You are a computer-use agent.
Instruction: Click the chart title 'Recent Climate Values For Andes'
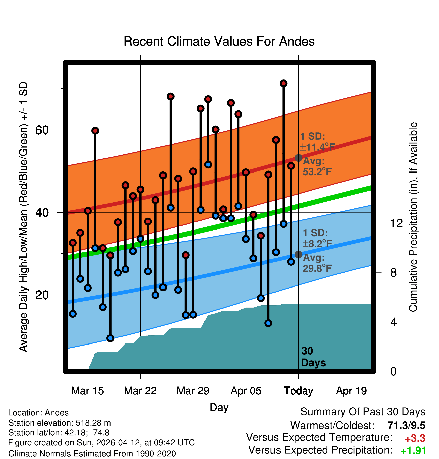pos(219,41)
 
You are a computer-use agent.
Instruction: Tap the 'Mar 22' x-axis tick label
pos(140,391)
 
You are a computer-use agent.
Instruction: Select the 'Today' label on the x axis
pos(298,391)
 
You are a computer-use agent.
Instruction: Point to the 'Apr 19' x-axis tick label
pos(351,391)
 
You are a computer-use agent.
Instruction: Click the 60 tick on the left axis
pos(42,130)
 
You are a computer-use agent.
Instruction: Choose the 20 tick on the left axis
pos(42,295)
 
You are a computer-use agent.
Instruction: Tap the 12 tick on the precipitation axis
pos(396,223)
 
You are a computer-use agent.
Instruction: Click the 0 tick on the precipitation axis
pos(394,371)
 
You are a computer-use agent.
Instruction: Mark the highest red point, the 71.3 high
pos(283,83)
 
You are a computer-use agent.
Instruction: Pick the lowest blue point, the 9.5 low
pos(110,338)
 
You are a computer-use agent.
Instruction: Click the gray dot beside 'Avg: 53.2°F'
pos(298,158)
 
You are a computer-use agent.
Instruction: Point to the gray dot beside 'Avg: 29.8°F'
pos(298,255)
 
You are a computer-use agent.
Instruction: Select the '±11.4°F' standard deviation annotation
pos(317,147)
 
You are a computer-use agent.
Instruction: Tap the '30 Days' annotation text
pos(313,357)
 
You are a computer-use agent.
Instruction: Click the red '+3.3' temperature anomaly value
pos(415,438)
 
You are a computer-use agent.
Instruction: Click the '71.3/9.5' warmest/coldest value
pos(406,425)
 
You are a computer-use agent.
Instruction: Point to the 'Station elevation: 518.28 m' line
pos(60,423)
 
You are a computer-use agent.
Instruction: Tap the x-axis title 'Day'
pos(219,408)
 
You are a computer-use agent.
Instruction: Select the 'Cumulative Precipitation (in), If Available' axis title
pos(413,217)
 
